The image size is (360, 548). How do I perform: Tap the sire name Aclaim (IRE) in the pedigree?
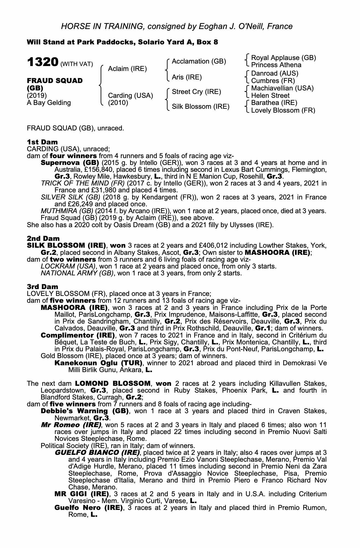point(127,68)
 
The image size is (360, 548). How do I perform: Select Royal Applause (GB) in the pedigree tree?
point(283,58)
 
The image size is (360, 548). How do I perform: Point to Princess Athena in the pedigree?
point(276,65)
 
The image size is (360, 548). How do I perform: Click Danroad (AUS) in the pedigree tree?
point(275,73)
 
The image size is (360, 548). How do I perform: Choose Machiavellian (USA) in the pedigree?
point(282,88)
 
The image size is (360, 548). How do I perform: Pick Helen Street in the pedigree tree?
point(270,96)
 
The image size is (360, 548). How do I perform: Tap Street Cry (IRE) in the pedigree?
point(196,92)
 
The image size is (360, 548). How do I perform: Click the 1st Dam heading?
point(42,142)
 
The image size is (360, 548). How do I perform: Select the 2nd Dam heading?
point(43,238)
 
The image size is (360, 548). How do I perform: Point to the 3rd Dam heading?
point(42,287)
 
